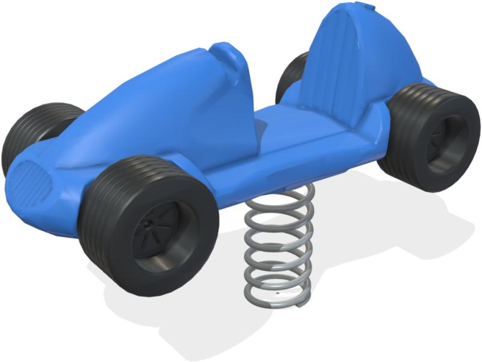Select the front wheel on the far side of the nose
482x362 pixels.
coord(30,136)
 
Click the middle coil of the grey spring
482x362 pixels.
coord(278,244)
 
